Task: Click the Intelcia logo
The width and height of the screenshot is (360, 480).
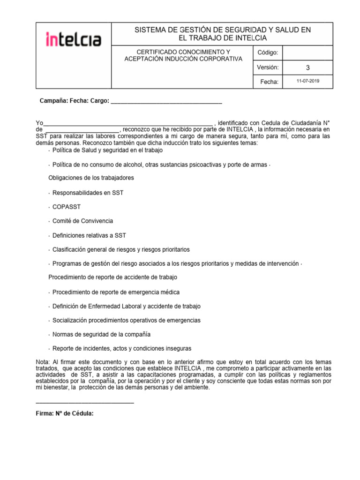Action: point(73,39)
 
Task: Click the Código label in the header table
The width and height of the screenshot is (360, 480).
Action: point(268,52)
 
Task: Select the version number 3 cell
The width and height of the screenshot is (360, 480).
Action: point(308,67)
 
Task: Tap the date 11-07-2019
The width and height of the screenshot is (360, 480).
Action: point(308,82)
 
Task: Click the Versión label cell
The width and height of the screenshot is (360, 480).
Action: point(268,67)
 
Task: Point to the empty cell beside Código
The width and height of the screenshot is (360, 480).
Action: point(308,52)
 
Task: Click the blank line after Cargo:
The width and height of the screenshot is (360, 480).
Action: point(166,101)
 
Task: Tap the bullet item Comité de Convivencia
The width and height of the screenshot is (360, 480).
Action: point(82,221)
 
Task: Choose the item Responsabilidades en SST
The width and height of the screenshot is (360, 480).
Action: point(88,193)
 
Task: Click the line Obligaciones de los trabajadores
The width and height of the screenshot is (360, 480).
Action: point(91,178)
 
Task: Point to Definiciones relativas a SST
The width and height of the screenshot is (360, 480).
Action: point(89,235)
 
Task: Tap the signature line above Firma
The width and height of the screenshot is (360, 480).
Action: point(85,403)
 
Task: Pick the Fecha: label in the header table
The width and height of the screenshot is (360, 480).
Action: point(269,82)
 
